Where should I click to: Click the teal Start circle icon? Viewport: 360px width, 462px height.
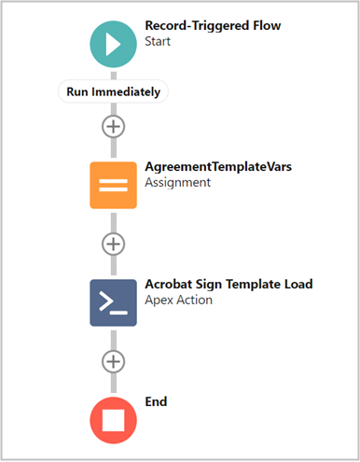coord(113,43)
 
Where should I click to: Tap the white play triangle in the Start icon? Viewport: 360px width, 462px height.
coord(115,43)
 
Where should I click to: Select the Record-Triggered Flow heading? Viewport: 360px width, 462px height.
coord(213,26)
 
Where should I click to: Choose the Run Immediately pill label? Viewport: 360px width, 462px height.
coord(113,91)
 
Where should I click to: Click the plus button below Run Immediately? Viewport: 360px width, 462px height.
coord(113,125)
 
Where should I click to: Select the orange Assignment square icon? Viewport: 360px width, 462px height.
coord(113,185)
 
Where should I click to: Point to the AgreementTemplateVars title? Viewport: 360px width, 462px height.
coord(217,166)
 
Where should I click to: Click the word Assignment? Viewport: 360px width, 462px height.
coord(178,183)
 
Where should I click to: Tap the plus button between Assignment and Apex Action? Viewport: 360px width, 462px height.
coord(113,244)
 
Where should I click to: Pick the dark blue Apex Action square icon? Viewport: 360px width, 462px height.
coord(113,301)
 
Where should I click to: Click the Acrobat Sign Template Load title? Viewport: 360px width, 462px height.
coord(228,284)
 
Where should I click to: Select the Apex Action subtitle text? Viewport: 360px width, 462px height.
coord(179,301)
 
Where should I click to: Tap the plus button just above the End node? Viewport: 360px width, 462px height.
coord(113,361)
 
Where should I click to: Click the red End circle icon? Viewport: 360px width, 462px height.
coord(113,419)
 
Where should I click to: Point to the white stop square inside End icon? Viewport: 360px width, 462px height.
coord(113,420)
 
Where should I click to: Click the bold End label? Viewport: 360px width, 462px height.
coord(157,401)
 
